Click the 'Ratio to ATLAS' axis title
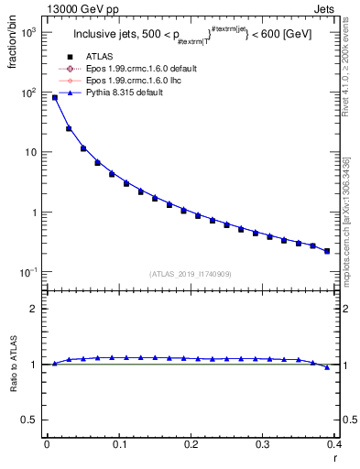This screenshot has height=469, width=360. coord(15,364)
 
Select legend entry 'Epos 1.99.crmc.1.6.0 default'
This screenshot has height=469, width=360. coord(146,69)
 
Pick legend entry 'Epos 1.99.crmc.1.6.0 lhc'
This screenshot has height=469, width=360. coord(138,81)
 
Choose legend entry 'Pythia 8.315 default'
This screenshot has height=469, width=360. coord(129,93)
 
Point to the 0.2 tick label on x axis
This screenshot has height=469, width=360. coord(191,443)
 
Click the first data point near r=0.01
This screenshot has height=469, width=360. coord(54,97)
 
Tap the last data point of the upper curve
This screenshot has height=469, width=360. coord(327,250)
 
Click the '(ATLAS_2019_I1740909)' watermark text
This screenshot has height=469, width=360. coord(190,274)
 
